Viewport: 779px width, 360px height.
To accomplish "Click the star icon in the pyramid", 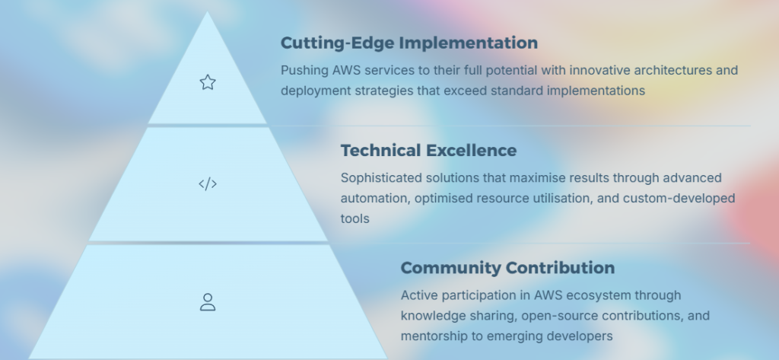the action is click(208, 82).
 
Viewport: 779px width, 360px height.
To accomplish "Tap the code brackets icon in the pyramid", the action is click(208, 184).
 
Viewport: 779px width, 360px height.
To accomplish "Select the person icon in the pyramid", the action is click(208, 302).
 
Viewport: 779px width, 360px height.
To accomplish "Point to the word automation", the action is click(376, 199).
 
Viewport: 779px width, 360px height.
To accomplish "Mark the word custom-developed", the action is click(679, 199).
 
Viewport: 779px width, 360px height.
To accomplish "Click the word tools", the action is click(355, 218).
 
